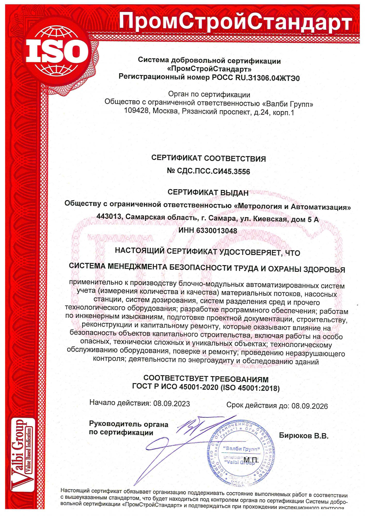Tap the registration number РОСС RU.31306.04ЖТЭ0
(x=256, y=78)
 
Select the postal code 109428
(x=136, y=111)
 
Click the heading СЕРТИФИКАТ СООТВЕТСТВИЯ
(x=208, y=158)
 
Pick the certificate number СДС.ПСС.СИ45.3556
(x=213, y=171)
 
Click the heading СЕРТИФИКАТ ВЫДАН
(x=208, y=192)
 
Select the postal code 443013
(x=109, y=216)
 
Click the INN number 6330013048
(x=217, y=230)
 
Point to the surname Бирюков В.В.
(x=304, y=436)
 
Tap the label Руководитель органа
(x=129, y=424)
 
